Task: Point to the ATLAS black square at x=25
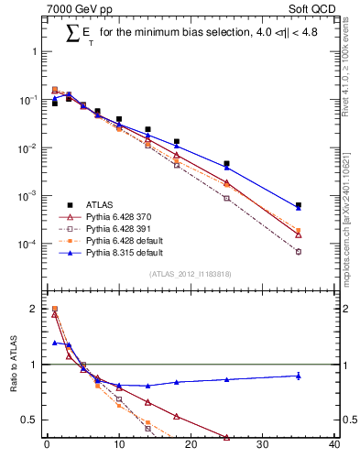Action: click(226, 164)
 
